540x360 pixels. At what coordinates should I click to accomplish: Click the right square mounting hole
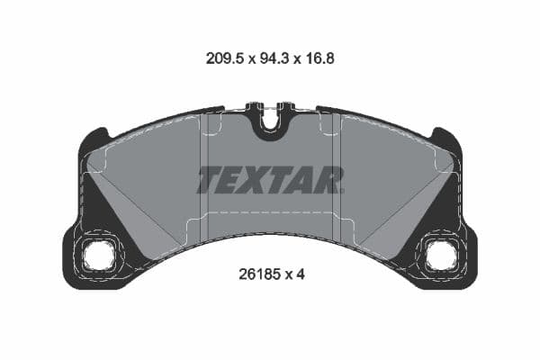(440, 256)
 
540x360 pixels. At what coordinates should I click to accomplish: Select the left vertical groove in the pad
(204, 171)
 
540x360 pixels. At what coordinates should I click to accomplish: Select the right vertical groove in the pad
(335, 171)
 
